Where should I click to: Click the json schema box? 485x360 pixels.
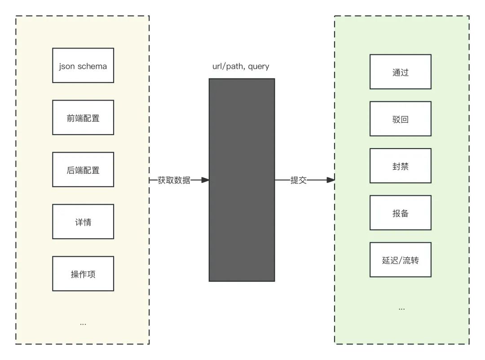(83, 66)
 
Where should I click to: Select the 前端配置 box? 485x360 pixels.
(83, 118)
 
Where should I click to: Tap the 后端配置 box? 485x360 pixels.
(83, 170)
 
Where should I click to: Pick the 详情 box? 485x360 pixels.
(83, 222)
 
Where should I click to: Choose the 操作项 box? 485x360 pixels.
(83, 274)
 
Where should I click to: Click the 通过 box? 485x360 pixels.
(400, 72)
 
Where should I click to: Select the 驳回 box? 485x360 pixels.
(400, 119)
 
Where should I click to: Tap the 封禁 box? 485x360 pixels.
(400, 166)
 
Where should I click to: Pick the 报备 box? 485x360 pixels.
(400, 213)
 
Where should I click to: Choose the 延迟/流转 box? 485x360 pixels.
(400, 260)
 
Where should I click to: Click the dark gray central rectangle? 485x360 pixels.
(242, 180)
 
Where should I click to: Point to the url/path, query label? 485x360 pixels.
(241, 66)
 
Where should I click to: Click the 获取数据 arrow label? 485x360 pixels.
(174, 180)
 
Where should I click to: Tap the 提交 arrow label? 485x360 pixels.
(299, 180)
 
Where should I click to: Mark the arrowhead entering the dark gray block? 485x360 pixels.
(205, 180)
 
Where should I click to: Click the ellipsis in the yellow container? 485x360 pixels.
(83, 324)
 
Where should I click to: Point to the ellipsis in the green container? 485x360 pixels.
(401, 309)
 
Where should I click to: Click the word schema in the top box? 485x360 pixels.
(93, 66)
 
